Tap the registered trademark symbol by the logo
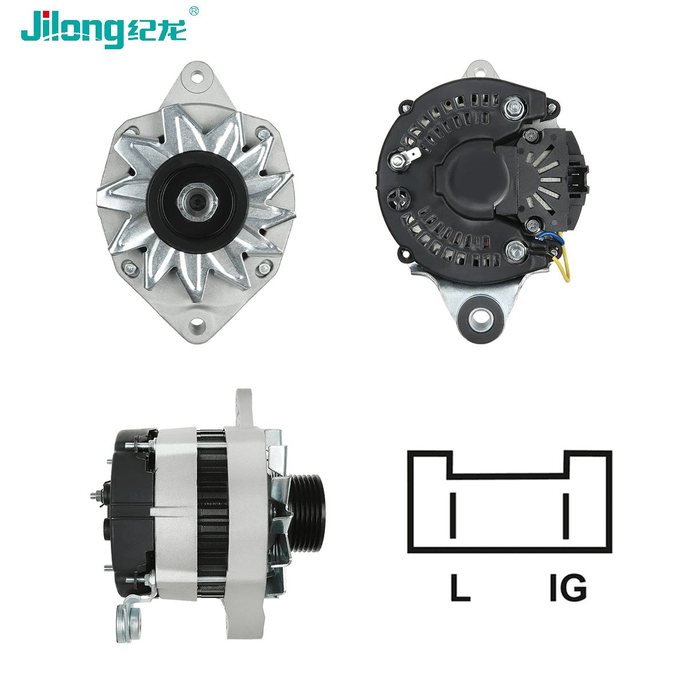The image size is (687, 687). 194,11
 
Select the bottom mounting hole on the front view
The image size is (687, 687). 196,324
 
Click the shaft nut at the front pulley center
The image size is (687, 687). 198,203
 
